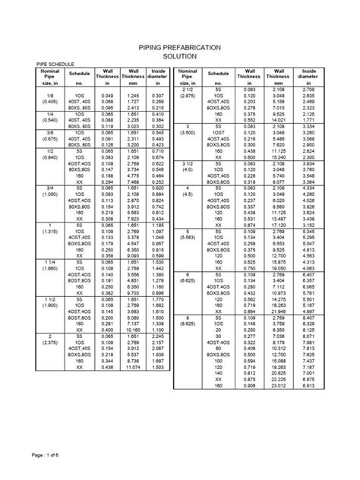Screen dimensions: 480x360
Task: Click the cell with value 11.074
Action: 133,368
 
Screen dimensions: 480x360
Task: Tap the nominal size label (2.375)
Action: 49,341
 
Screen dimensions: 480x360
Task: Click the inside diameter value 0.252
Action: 157,183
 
